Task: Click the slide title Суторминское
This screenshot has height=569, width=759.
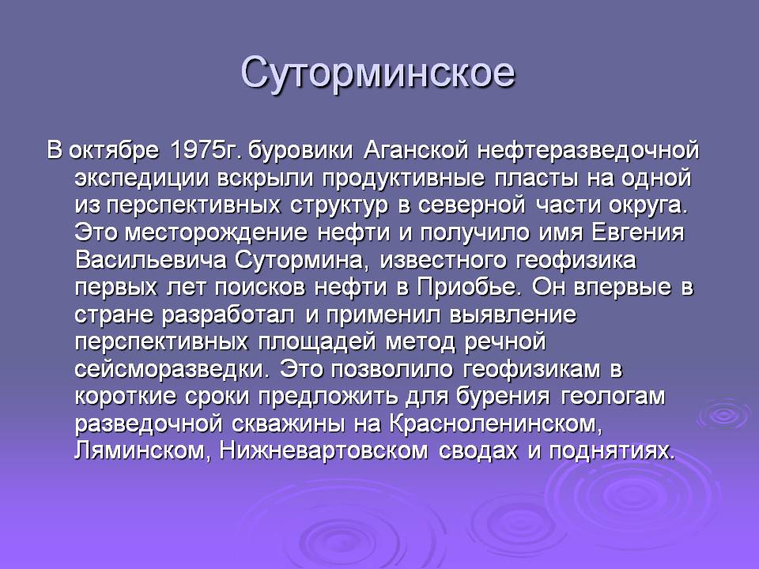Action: coord(378,73)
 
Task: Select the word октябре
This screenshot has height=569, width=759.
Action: coord(114,150)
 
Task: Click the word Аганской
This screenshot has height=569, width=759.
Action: coord(416,150)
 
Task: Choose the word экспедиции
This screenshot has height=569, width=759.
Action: coord(142,179)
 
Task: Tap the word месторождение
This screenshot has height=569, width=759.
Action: coord(216,232)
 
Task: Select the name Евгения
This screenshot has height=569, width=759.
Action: coord(638,232)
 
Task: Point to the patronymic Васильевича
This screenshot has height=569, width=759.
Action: coord(151,260)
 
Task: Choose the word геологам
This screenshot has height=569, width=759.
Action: coord(614,396)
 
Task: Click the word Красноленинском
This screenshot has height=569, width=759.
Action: coord(496,424)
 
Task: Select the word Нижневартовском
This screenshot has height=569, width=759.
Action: coord(324,450)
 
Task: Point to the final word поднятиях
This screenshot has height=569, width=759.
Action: coord(612,450)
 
